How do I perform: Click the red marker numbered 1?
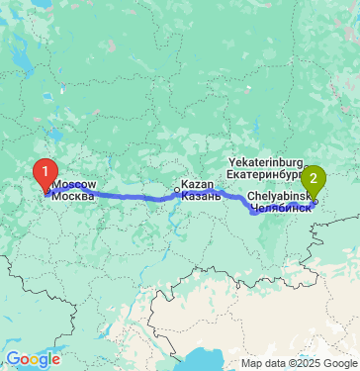coord(45,173)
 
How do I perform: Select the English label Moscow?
coord(73,185)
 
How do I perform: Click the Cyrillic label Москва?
coord(73,196)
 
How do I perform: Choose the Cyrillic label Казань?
coord(202,196)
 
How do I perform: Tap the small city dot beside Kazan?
coord(178,190)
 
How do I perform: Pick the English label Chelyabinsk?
coord(281,197)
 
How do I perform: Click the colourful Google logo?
coord(34,359)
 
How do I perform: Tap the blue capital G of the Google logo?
coord(12,359)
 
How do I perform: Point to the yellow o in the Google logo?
coord(35,360)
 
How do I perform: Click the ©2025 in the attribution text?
coord(301,364)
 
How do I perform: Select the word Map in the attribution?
coord(251,364)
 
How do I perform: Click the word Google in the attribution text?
coord(335,364)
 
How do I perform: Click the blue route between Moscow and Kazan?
coord(119,197)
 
